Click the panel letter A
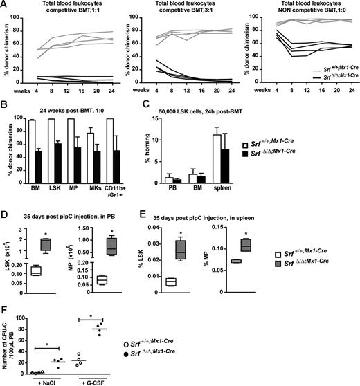tap(5, 6)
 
